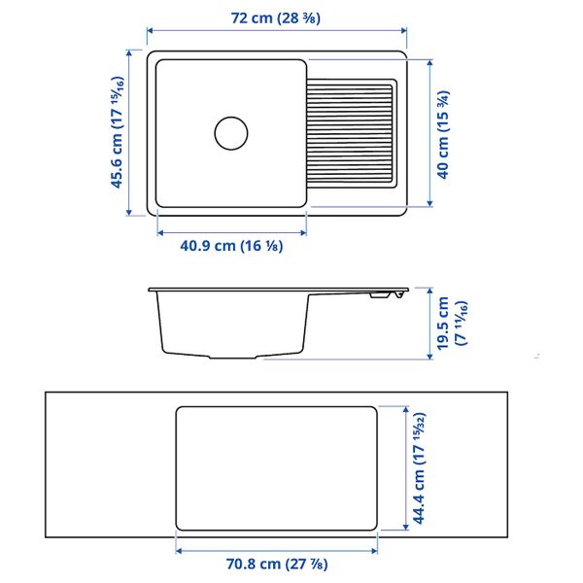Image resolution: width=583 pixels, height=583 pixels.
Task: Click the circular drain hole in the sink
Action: pos(231,132)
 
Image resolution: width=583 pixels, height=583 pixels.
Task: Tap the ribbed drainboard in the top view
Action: pos(352,132)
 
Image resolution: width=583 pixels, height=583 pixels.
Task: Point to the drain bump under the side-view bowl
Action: pos(257,357)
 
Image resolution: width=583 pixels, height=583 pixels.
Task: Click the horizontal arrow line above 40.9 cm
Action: pos(231,232)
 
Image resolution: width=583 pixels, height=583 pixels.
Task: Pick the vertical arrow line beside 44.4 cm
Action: pos(402,468)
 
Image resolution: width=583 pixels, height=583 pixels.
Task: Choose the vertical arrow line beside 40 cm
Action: pos(429,132)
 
